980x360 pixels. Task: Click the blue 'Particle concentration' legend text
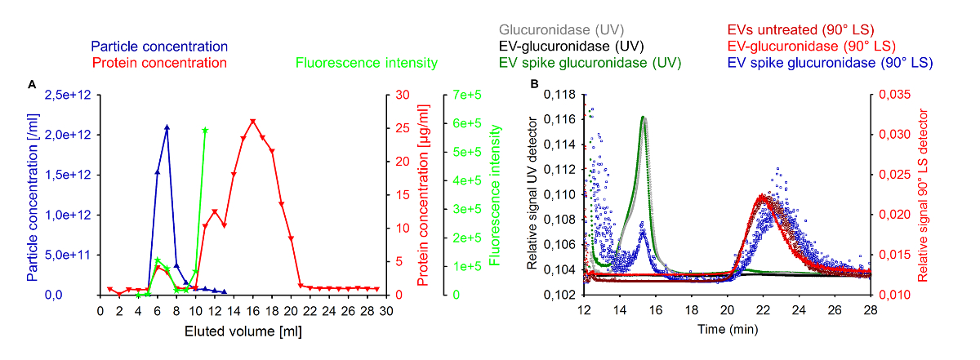(159, 47)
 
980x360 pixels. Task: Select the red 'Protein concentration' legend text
(159, 63)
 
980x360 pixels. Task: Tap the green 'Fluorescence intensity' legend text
(367, 63)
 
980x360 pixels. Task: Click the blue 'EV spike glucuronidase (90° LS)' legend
(831, 63)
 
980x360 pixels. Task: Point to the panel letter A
(31, 84)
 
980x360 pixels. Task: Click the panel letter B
(534, 84)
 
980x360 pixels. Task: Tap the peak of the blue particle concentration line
(167, 127)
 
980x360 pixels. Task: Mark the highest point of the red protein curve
(253, 121)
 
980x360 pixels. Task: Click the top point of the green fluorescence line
(205, 130)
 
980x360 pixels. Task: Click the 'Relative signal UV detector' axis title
(532, 194)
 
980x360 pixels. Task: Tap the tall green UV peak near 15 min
(643, 117)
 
